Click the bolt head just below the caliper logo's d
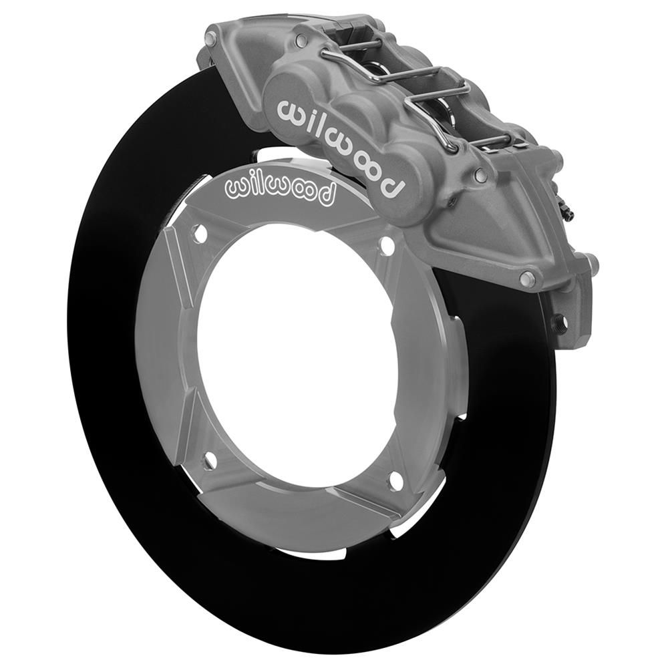480,176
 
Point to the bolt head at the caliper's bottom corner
528,279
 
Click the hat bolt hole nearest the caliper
386,246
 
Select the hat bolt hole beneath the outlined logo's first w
198,233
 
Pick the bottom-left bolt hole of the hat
210,460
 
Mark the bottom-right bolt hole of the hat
396,480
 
